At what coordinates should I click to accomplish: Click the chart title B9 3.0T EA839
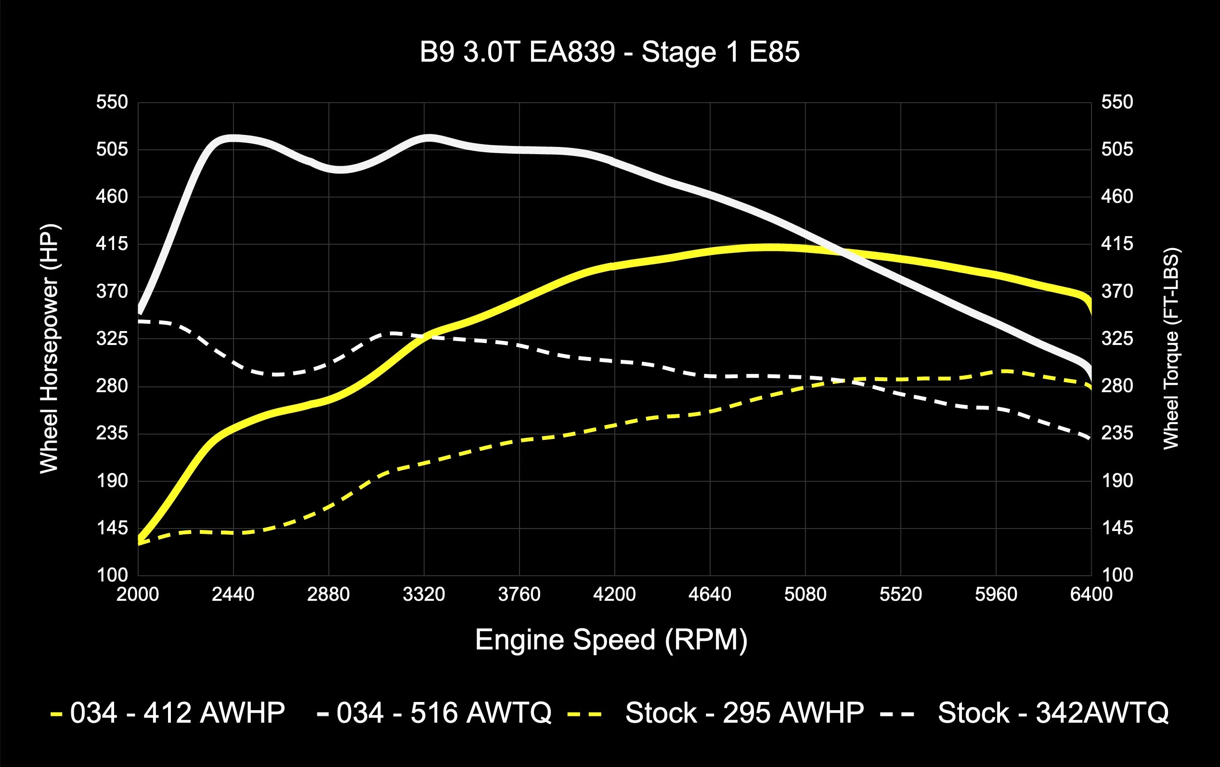[610, 52]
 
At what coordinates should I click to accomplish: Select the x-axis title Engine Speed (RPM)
[611, 640]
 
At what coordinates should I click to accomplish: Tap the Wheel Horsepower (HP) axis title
[50, 349]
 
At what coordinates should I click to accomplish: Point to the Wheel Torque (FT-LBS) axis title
[1170, 349]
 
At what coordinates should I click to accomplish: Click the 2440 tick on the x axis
[233, 594]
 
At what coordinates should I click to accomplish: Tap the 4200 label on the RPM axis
[614, 594]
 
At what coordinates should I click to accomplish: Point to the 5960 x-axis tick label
[996, 594]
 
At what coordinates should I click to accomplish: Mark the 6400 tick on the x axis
[1091, 594]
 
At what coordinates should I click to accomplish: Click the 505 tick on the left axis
[112, 149]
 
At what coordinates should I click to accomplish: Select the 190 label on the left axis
[112, 480]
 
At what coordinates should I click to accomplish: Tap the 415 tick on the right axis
[1116, 244]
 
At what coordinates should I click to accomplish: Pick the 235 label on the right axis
[1116, 434]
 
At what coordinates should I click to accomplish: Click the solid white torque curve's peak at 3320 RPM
[428, 138]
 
